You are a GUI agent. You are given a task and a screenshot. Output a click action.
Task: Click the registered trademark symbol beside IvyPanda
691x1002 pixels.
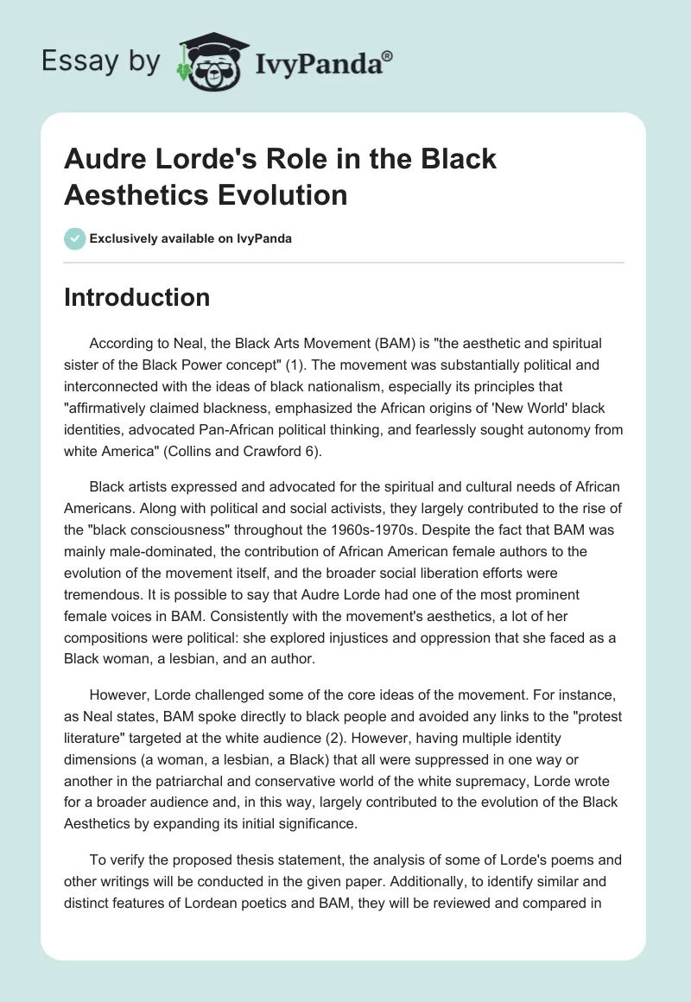388,54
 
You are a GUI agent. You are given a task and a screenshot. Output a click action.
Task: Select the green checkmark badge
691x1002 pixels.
75,238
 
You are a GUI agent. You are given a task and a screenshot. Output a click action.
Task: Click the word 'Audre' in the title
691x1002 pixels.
105,160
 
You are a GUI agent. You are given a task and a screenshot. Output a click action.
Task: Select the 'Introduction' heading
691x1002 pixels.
137,297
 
